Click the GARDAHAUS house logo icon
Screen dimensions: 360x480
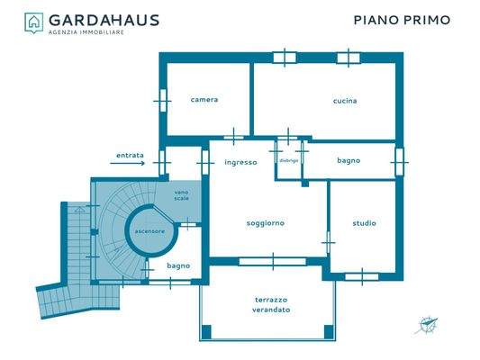click(x=33, y=22)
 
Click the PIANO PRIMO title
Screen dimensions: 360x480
click(x=401, y=19)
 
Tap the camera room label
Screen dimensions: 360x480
click(x=204, y=100)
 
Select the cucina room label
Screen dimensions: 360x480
click(x=345, y=101)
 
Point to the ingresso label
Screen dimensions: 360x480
click(x=240, y=163)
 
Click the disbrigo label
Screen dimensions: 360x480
click(x=288, y=161)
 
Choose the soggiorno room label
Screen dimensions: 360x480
click(x=266, y=223)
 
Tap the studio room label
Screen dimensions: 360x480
click(x=364, y=223)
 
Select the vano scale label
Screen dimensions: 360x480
click(x=182, y=194)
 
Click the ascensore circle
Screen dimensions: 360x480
click(x=149, y=231)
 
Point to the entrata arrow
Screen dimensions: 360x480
click(x=131, y=164)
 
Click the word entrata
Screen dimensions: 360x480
click(x=130, y=154)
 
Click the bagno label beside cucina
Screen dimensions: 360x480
click(x=349, y=161)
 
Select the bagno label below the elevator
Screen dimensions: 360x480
click(x=178, y=265)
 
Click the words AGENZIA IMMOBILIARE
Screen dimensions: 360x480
click(x=86, y=31)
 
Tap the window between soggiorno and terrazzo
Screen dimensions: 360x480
click(x=273, y=262)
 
